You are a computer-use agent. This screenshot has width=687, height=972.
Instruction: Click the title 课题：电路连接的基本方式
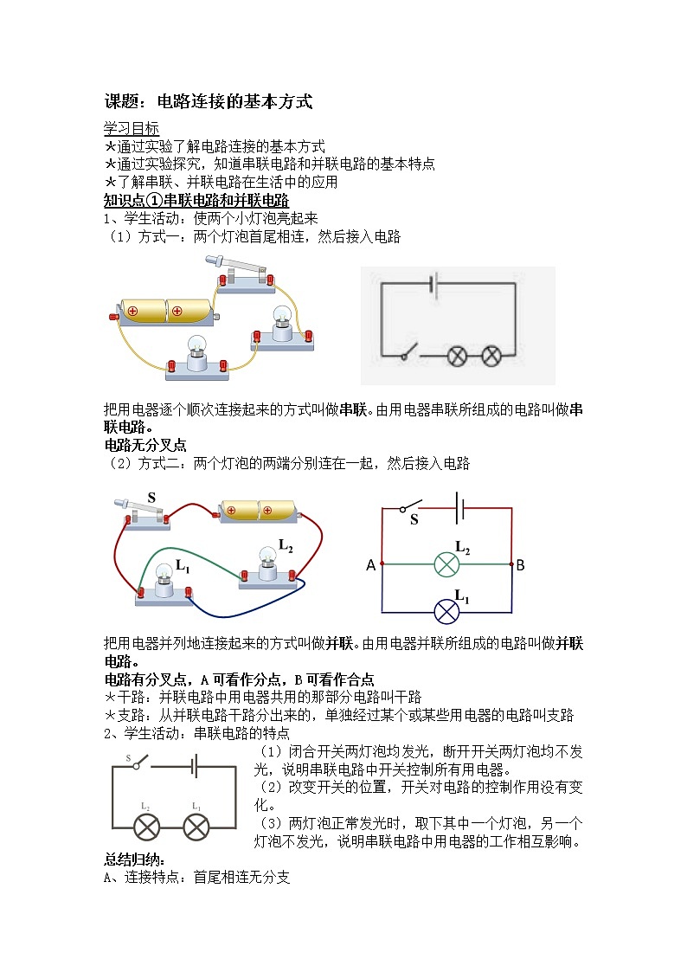(x=208, y=102)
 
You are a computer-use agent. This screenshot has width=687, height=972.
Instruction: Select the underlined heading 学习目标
(x=132, y=128)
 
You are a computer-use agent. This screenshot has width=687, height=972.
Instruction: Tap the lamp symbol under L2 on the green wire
(x=446, y=565)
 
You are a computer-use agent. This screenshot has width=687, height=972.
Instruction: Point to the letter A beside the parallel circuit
(x=371, y=565)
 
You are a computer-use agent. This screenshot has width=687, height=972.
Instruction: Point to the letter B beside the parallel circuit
(x=520, y=565)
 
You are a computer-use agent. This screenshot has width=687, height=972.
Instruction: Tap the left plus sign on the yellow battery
(x=132, y=311)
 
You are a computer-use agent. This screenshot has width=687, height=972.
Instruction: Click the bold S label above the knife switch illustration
(x=151, y=498)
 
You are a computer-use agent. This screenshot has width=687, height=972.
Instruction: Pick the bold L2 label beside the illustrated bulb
(x=286, y=545)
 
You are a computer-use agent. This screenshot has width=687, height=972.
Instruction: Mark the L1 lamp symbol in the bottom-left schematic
(x=196, y=827)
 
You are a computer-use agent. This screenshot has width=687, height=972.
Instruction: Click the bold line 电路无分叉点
(x=145, y=446)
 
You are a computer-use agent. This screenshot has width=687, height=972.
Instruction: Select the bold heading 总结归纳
(x=133, y=861)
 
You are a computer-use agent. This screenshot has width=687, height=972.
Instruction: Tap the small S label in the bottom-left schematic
(x=129, y=759)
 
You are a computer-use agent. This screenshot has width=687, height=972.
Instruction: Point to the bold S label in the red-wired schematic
(x=414, y=519)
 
